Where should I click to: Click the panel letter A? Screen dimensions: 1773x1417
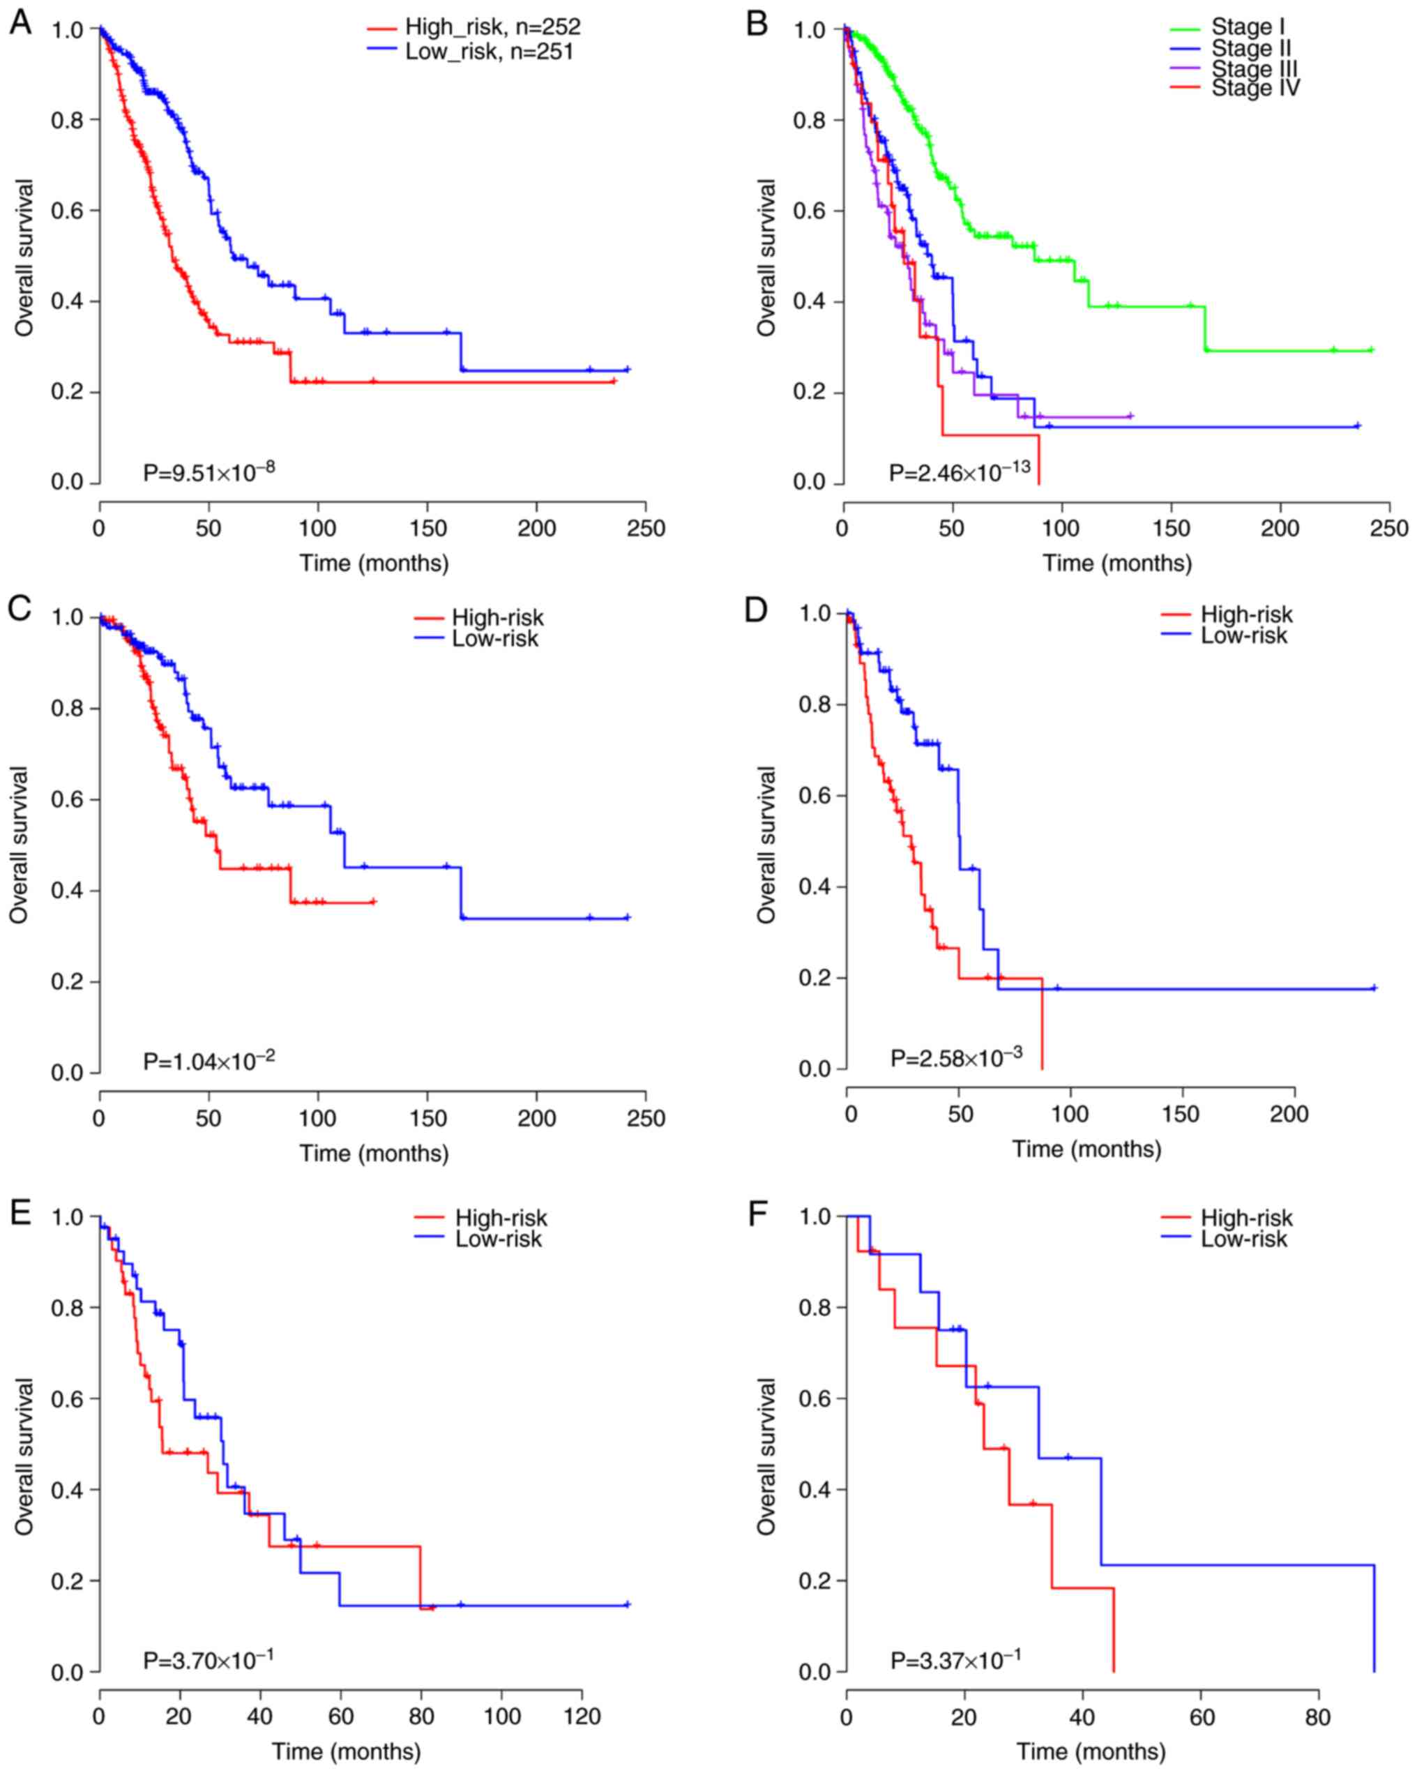(20, 22)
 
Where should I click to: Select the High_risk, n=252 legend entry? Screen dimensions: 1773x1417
(492, 27)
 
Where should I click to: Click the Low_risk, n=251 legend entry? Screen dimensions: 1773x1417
(489, 52)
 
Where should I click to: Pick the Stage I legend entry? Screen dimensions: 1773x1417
(1248, 28)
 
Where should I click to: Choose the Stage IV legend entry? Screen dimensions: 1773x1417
(1255, 87)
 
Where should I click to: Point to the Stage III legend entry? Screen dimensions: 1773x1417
(1254, 68)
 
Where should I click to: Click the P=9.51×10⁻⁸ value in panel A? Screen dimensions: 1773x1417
(209, 472)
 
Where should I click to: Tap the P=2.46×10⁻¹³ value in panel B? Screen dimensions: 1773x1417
(959, 472)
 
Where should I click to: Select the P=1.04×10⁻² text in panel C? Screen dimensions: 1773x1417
(209, 1061)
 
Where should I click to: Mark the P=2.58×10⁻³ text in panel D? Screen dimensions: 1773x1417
(957, 1057)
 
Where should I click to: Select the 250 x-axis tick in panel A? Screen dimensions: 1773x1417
(646, 528)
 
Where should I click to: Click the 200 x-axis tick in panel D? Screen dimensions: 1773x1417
(1289, 1115)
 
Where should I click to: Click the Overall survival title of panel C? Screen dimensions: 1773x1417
(20, 845)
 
